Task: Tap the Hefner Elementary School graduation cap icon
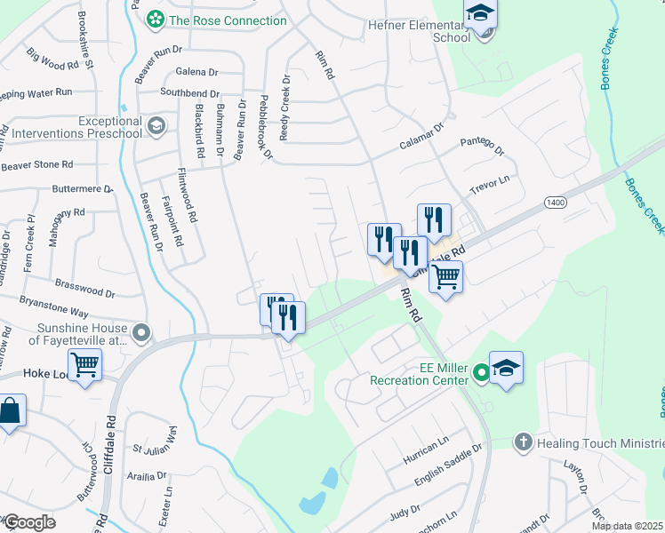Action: coord(480,15)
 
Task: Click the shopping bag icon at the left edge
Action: coord(9,411)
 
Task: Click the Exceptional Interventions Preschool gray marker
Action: coord(157,126)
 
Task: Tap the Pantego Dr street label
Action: coord(481,147)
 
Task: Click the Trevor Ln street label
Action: coord(491,186)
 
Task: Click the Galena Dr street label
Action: coord(196,72)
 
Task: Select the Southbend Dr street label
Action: coord(189,92)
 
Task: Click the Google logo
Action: coord(28,523)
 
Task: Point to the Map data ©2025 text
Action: coord(628,526)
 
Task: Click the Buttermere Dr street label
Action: coord(83,189)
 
